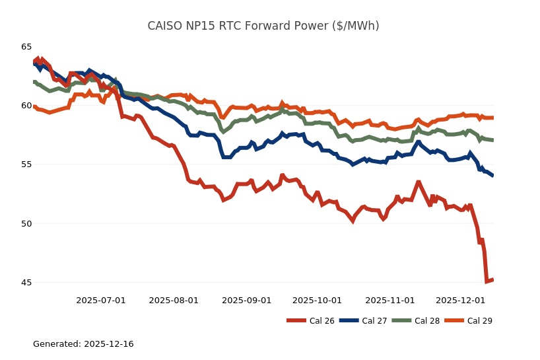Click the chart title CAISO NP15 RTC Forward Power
[x=263, y=26]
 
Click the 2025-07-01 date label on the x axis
[x=101, y=301]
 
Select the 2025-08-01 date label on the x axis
[x=174, y=301]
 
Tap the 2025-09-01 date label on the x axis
[x=246, y=301]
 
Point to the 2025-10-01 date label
[x=317, y=301]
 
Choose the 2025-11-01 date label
[x=389, y=301]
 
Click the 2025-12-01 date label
[x=460, y=301]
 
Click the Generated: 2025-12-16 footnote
[x=83, y=344]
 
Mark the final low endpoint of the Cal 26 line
[x=492, y=280]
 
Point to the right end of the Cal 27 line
[x=492, y=175]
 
